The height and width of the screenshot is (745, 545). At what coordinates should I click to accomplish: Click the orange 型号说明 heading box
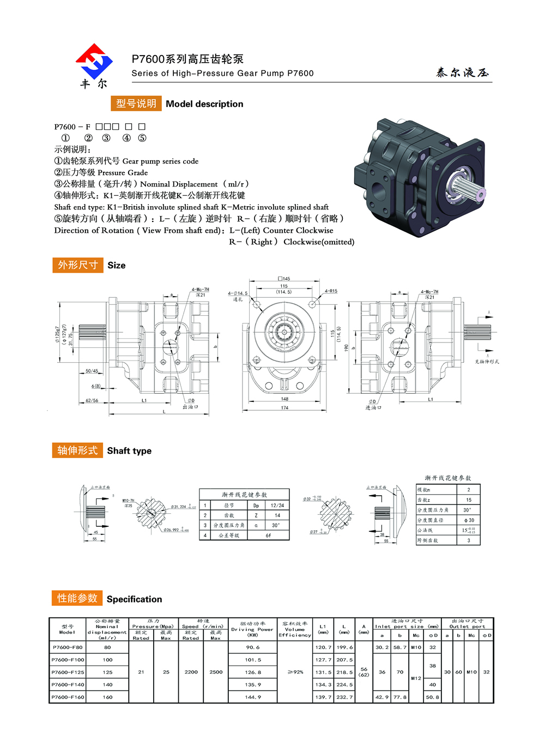tap(136, 104)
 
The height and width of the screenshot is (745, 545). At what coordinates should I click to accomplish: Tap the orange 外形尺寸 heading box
tap(78, 265)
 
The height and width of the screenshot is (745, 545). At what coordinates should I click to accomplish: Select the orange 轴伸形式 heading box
tap(77, 450)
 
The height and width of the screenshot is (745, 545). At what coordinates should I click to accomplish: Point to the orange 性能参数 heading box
tap(77, 598)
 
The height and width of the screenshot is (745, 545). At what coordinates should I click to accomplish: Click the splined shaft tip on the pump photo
tap(480, 193)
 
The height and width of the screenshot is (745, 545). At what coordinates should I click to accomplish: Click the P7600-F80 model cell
tap(68, 647)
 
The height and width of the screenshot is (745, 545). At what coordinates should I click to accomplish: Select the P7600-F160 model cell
tap(68, 697)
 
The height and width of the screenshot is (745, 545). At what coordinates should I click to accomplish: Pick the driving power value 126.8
tap(253, 672)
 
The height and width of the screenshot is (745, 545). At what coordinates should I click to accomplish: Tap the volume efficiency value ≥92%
tap(295, 672)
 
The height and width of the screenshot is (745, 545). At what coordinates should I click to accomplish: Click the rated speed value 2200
tap(191, 672)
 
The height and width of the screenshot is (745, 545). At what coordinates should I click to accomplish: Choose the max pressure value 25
tap(166, 672)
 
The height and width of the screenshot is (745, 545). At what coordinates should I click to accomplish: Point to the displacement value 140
tap(107, 685)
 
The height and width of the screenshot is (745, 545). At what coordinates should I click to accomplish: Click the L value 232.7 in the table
tap(344, 697)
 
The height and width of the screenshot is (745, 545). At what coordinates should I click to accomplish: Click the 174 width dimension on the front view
tap(284, 408)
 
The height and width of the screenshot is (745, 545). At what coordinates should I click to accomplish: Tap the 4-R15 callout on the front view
tap(331, 291)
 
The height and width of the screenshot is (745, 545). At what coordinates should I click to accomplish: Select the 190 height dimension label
tap(346, 347)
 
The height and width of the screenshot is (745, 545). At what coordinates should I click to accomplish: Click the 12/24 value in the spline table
tap(277, 506)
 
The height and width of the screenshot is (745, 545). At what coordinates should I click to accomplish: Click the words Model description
tap(204, 104)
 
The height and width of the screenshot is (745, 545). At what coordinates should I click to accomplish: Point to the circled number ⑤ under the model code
tap(142, 139)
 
